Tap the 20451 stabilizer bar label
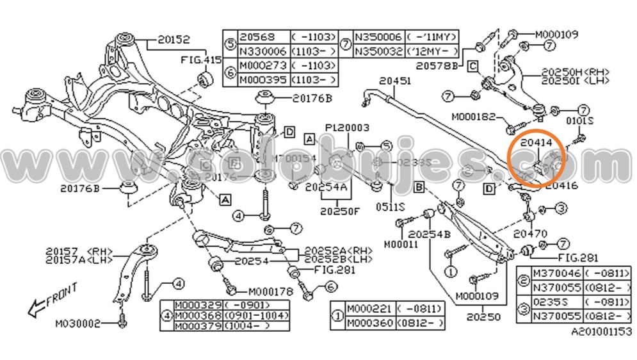click(394, 81)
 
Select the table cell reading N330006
click(262, 50)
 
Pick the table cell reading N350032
click(378, 50)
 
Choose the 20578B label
click(437, 65)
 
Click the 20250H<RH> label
click(576, 72)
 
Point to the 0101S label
click(581, 120)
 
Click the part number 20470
click(530, 234)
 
